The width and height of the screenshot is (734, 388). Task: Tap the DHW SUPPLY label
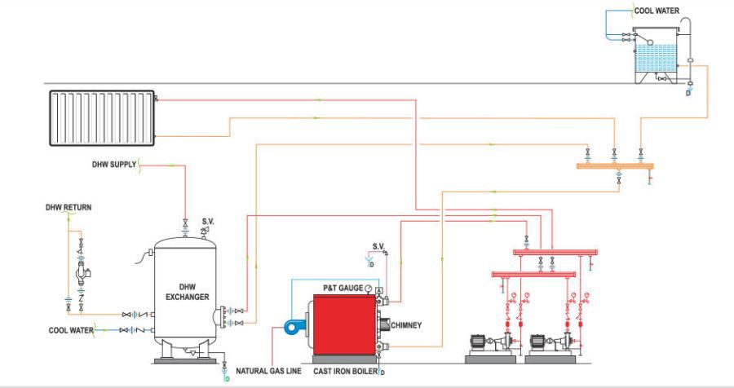113,165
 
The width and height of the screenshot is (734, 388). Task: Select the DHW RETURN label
68,208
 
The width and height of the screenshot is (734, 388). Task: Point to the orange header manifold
614,166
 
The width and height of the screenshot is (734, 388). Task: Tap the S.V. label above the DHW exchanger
209,221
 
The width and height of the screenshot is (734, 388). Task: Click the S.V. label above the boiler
378,245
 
